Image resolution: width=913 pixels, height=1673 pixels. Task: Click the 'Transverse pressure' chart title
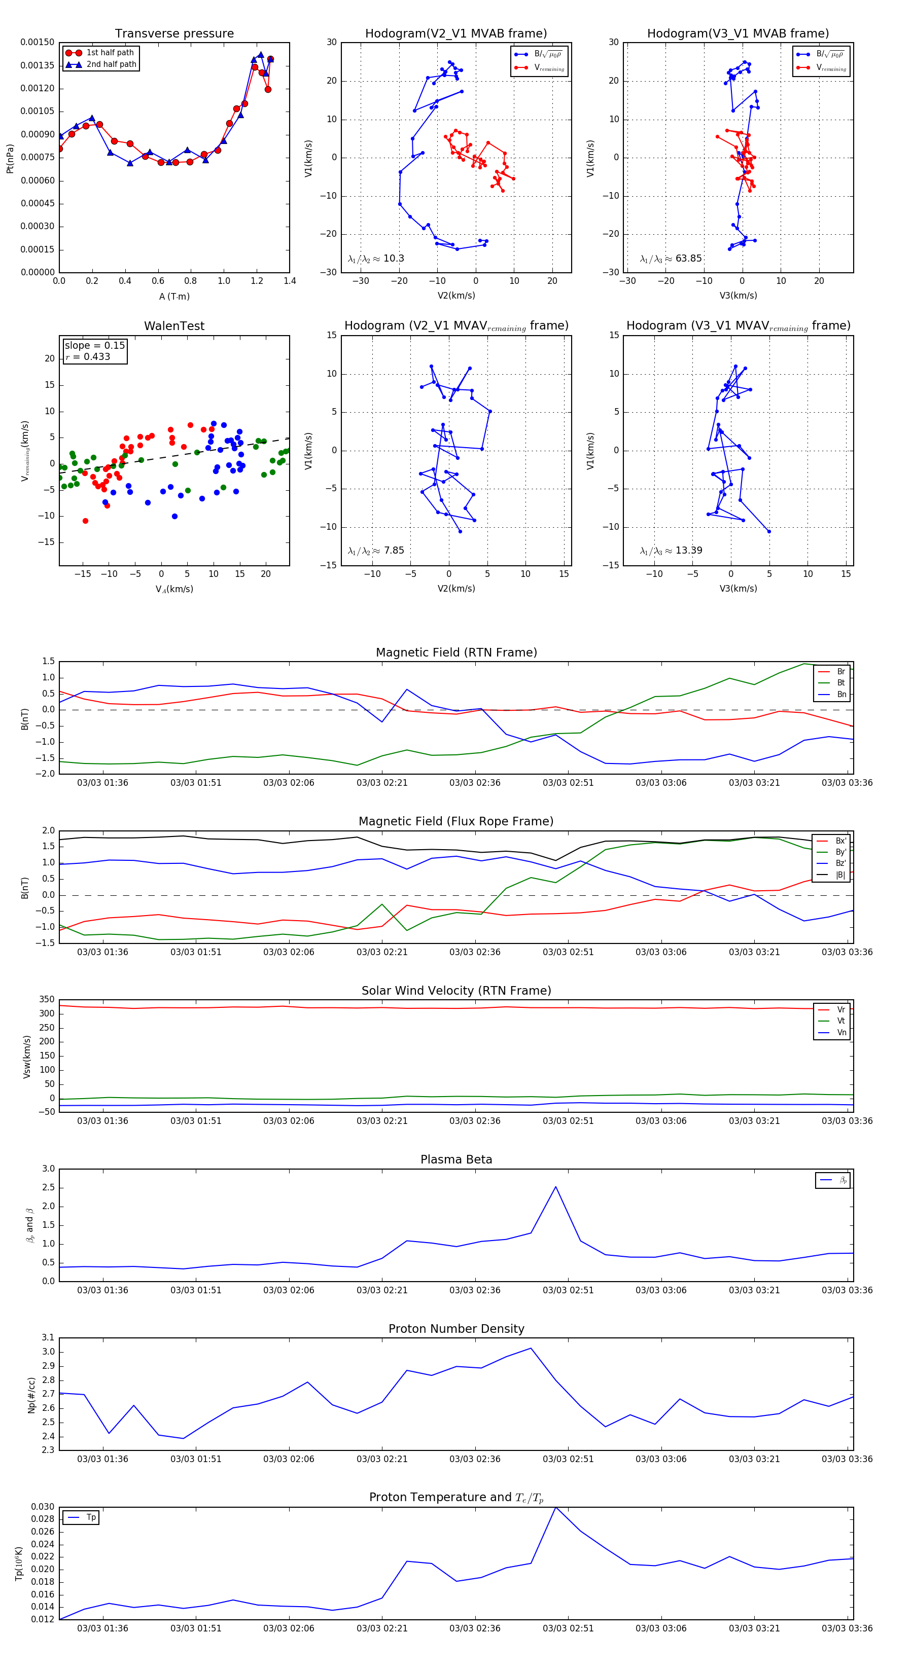click(x=174, y=34)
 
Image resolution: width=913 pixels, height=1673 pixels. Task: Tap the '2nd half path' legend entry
click(x=111, y=64)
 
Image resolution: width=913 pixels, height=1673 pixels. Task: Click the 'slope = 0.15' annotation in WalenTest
click(x=94, y=346)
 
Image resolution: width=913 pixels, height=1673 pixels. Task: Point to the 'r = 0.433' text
click(x=88, y=356)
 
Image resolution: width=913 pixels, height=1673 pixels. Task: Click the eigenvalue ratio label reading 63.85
click(x=671, y=259)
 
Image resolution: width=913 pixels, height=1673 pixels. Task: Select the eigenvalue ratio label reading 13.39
click(x=671, y=551)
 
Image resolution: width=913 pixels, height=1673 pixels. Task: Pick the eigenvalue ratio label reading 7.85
click(x=375, y=551)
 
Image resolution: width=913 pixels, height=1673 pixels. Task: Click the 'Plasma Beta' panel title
click(x=456, y=1159)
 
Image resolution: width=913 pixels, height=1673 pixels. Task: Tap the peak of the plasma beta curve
click(x=555, y=1187)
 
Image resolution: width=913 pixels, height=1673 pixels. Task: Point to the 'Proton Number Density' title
click(x=456, y=1329)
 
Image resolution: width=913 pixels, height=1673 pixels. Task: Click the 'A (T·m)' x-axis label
click(x=174, y=297)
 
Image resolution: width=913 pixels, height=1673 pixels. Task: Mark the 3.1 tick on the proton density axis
click(x=48, y=1337)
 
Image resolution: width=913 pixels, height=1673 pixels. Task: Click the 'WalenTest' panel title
click(x=174, y=326)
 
